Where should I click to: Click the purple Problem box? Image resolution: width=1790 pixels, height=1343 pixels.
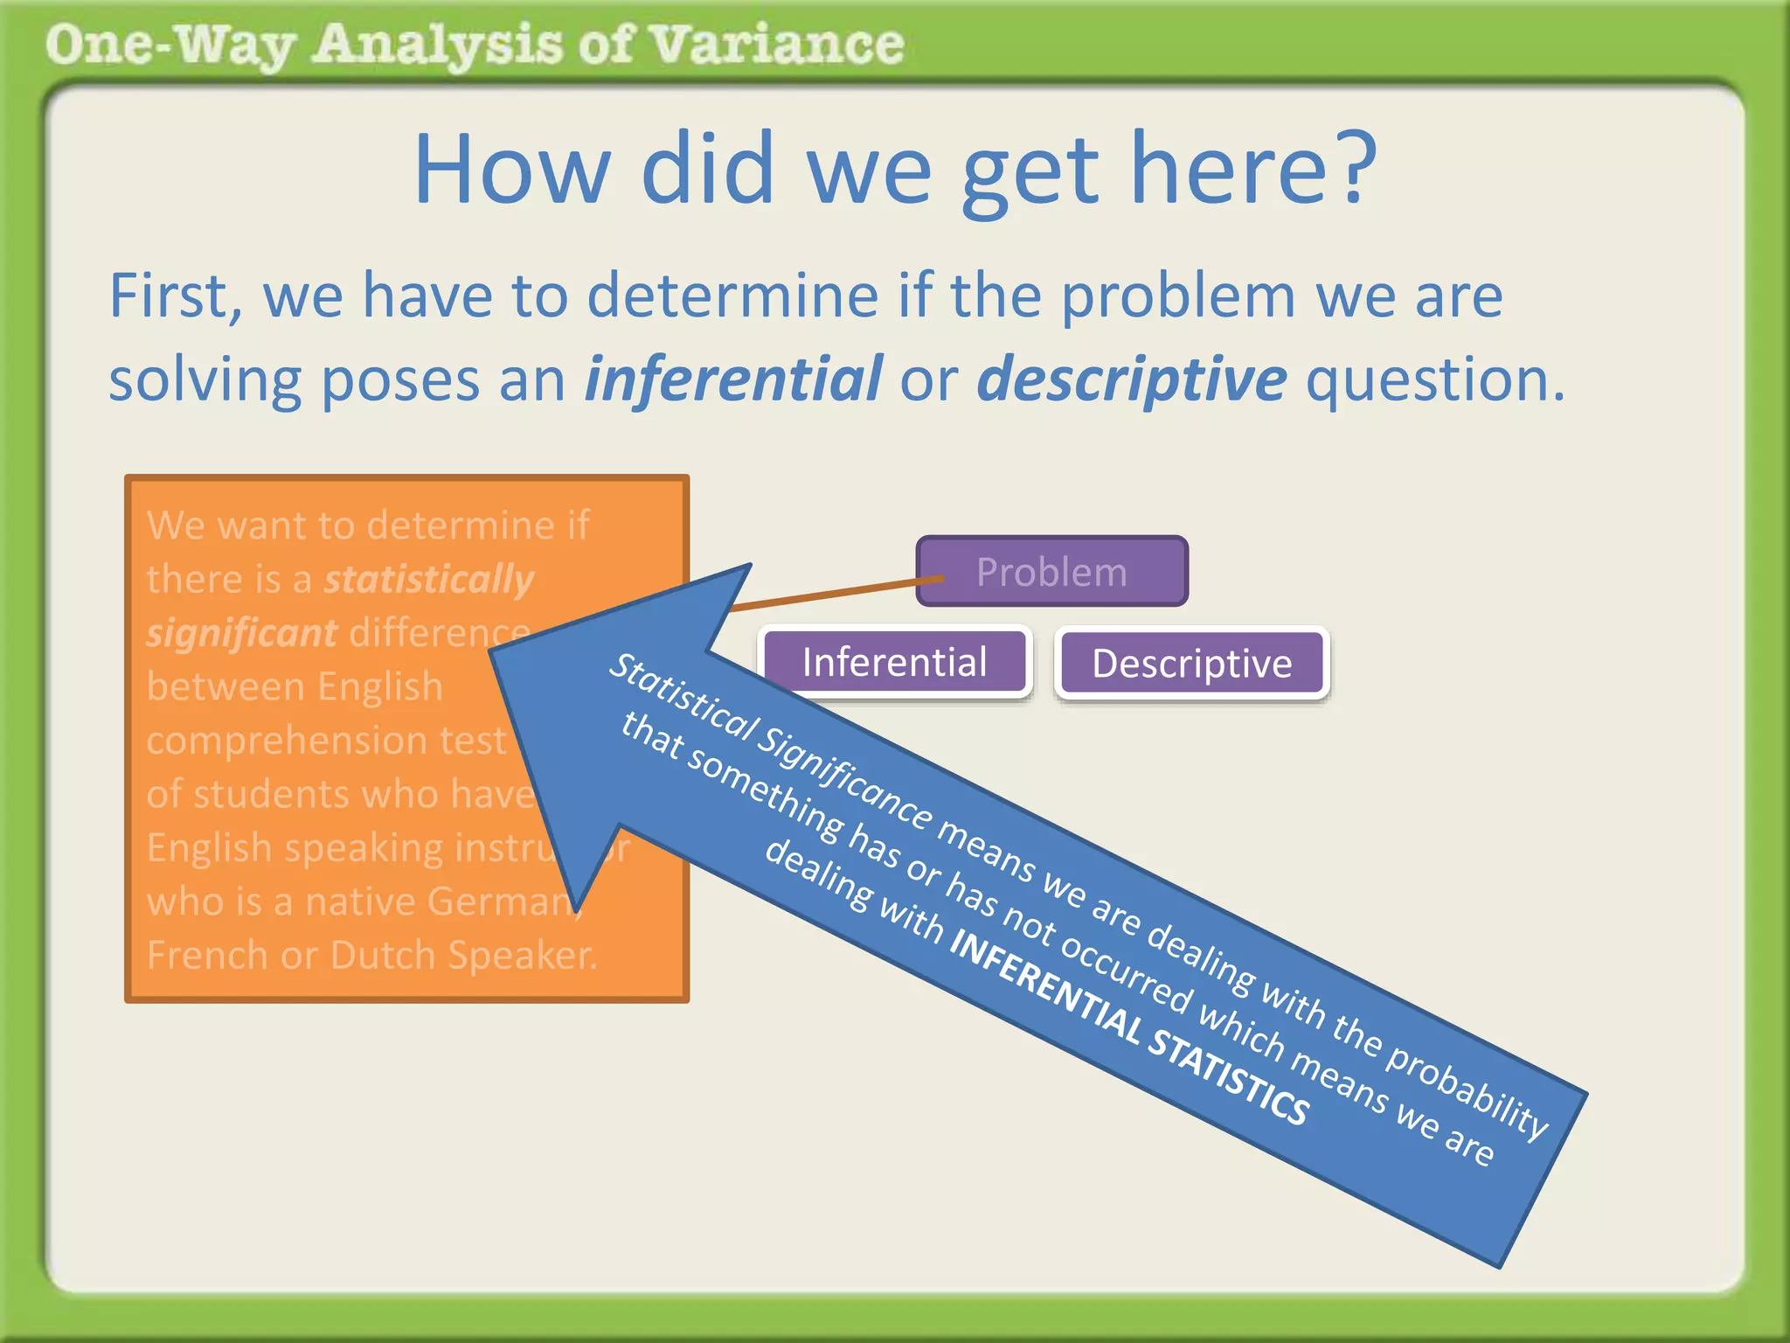click(1051, 572)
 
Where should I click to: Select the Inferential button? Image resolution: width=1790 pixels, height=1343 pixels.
click(894, 662)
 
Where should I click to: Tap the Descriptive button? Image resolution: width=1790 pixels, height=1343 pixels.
click(1191, 664)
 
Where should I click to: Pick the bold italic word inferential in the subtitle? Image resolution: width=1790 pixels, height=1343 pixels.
click(732, 379)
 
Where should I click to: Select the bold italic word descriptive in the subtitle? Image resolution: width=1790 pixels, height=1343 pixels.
click(1131, 379)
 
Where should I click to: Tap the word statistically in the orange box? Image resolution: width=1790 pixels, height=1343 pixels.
click(428, 580)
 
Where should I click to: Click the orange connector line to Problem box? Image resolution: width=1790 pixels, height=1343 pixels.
click(830, 592)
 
